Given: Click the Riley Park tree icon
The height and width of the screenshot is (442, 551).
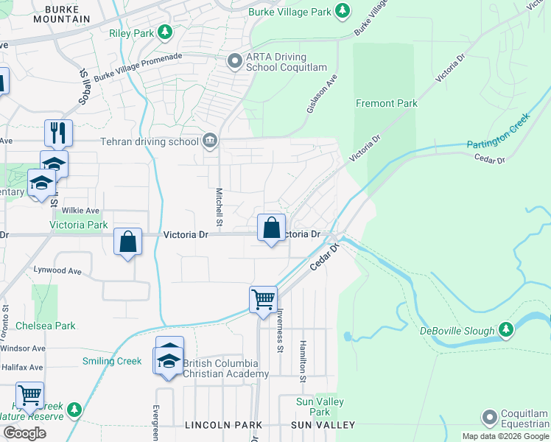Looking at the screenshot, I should [x=167, y=32].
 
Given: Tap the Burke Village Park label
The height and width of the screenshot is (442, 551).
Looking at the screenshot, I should [x=289, y=11].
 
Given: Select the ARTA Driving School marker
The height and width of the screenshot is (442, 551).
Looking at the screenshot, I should [x=235, y=60].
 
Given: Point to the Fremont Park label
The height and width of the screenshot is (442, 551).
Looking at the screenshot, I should [x=387, y=103].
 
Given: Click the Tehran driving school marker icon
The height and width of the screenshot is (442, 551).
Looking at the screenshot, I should [x=210, y=141].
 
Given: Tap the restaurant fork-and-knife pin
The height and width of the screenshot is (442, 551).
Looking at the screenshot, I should [x=58, y=133].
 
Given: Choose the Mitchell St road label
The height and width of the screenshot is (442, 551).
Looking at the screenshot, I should [x=219, y=206].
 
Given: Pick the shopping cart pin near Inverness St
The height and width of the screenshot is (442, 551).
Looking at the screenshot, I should [x=263, y=298].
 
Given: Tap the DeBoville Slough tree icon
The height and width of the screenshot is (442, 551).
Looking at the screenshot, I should [x=506, y=330].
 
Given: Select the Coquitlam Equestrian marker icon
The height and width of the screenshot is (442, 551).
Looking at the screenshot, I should [x=489, y=418].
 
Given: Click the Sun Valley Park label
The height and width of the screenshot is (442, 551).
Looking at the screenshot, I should [x=315, y=407].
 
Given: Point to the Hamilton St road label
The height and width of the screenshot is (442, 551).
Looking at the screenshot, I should [x=302, y=361].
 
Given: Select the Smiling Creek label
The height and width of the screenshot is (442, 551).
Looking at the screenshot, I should [x=111, y=361].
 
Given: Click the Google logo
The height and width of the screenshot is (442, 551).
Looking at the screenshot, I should [x=24, y=433].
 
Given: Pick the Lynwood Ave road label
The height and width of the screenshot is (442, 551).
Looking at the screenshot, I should [x=57, y=270].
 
